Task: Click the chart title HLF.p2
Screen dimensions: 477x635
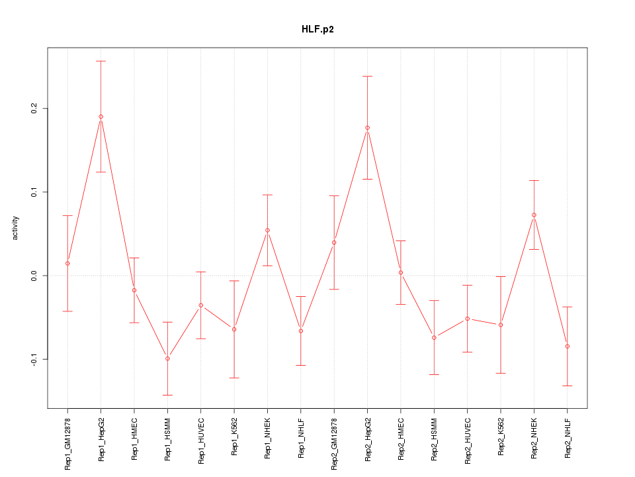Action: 317,30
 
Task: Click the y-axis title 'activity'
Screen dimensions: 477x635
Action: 16,228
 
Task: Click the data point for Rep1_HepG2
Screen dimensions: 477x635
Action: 101,117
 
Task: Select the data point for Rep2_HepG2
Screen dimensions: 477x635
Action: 367,128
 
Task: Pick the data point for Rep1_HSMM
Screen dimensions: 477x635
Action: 167,358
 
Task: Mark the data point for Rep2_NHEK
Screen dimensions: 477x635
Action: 534,215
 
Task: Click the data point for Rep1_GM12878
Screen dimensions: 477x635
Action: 67,264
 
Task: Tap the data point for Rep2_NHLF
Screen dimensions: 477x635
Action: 567,346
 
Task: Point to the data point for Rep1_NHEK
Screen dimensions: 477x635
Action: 267,231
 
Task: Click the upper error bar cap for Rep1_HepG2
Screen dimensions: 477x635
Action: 101,61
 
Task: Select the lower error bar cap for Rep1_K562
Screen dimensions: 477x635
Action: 234,378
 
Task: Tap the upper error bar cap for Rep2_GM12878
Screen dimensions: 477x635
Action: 334,195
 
